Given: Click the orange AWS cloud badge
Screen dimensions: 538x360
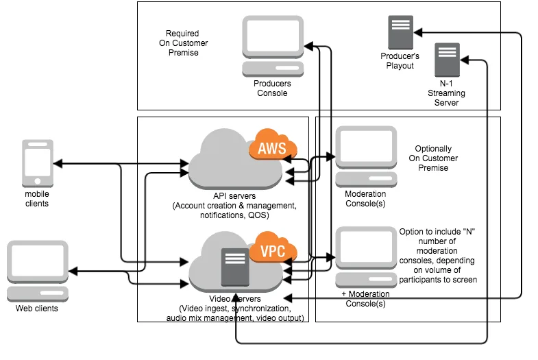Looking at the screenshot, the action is pyautogui.click(x=273, y=145).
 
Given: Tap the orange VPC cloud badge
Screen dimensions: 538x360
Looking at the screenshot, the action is pyautogui.click(x=273, y=248).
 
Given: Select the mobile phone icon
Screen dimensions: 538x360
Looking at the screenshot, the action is pyautogui.click(x=38, y=163).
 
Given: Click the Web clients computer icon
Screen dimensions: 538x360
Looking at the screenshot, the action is pyautogui.click(x=38, y=271).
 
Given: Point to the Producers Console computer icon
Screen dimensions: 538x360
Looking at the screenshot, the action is pyautogui.click(x=273, y=47).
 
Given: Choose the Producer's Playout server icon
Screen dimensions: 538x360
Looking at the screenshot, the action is pyautogui.click(x=400, y=33).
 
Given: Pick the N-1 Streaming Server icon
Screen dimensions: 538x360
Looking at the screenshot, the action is pyautogui.click(x=447, y=60).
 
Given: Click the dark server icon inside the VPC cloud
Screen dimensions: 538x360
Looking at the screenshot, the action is pyautogui.click(x=235, y=267).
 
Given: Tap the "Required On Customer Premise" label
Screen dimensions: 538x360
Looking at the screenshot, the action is pyautogui.click(x=183, y=43).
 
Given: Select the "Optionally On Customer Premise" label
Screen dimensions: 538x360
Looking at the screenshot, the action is pyautogui.click(x=433, y=158).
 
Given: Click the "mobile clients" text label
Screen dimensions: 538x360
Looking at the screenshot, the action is pyautogui.click(x=37, y=199).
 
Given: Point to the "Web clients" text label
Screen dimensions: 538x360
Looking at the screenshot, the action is pyautogui.click(x=37, y=309).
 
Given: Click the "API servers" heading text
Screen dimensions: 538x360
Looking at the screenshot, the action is pyautogui.click(x=234, y=196).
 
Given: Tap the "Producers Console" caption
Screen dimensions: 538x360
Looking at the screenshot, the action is pyautogui.click(x=273, y=88).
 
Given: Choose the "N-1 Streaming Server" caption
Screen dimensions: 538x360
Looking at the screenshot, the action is pyautogui.click(x=446, y=93).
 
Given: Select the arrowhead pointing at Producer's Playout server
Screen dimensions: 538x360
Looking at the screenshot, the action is pyautogui.click(x=418, y=33).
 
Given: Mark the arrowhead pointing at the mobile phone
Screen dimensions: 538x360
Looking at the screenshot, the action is pyautogui.click(x=58, y=164).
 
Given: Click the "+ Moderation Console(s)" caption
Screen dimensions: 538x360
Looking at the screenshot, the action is pyautogui.click(x=365, y=299).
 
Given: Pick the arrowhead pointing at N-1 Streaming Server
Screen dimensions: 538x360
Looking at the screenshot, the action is pyautogui.click(x=465, y=60).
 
